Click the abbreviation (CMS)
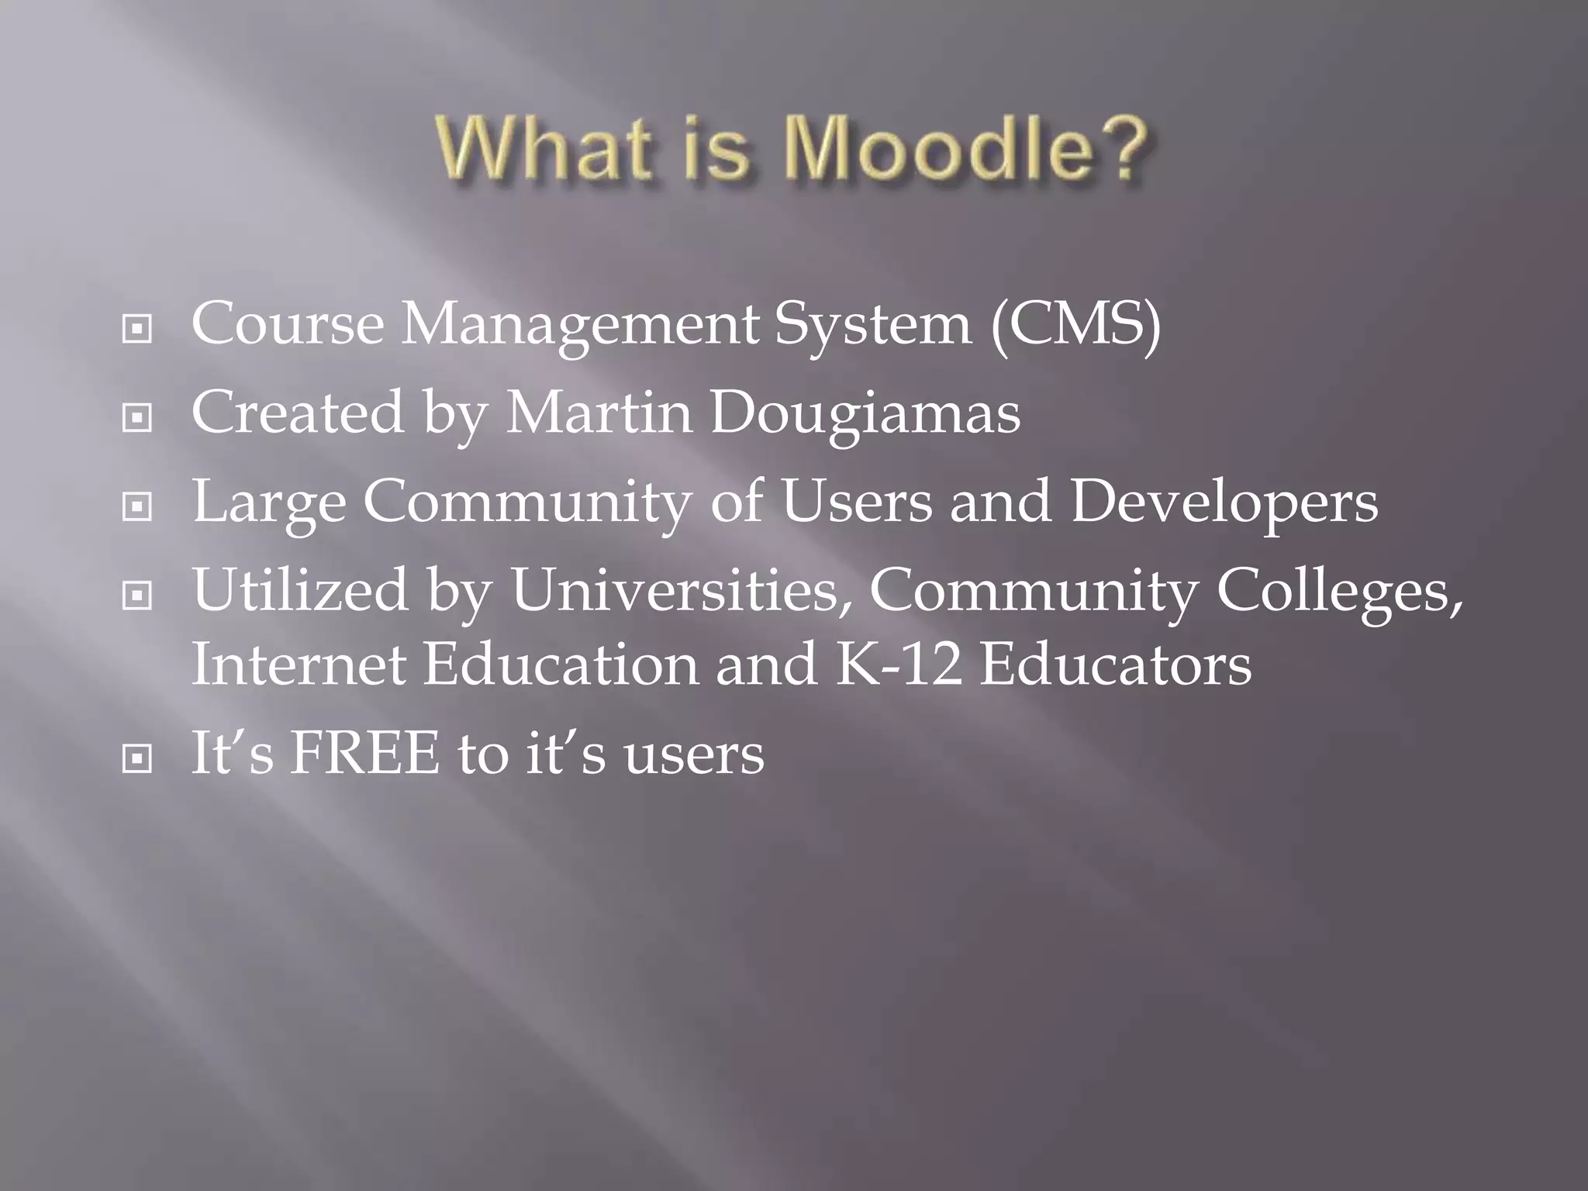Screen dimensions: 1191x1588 pyautogui.click(x=1075, y=324)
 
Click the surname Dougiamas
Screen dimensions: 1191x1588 pyautogui.click(x=865, y=413)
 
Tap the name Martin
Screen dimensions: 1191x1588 pyautogui.click(x=599, y=413)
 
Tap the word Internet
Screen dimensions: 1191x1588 pyautogui.click(x=299, y=665)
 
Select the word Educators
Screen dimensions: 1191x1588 pyautogui.click(x=1115, y=665)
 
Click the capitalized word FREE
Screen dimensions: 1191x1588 pyautogui.click(x=364, y=754)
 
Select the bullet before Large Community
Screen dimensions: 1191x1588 pyautogui.click(x=137, y=508)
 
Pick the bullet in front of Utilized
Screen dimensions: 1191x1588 pyautogui.click(x=137, y=596)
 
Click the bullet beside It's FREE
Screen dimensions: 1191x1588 pyautogui.click(x=137, y=760)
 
